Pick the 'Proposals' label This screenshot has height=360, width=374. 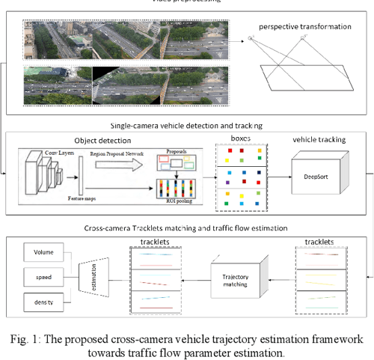pyautogui.click(x=174, y=150)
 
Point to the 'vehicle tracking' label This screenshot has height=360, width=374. pyautogui.click(x=316, y=139)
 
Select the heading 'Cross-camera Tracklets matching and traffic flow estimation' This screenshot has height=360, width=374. pyautogui.click(x=186, y=226)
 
